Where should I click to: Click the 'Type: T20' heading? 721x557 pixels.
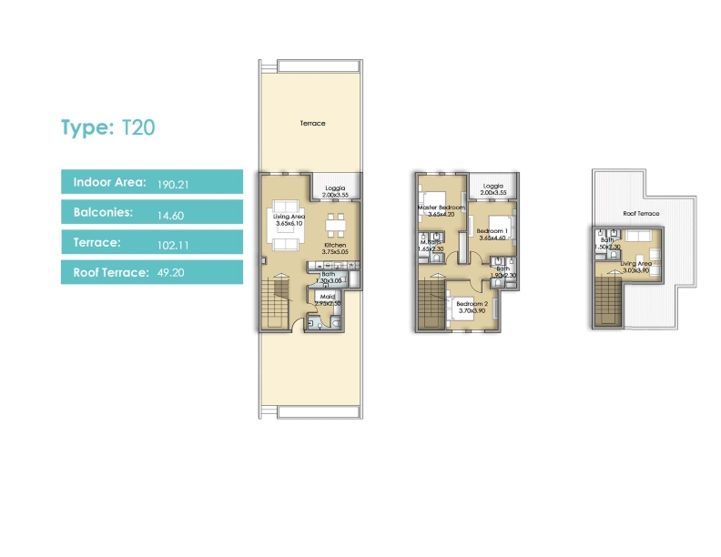(107, 127)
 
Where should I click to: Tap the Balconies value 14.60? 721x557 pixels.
(169, 213)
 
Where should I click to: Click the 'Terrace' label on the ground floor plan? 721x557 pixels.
(312, 123)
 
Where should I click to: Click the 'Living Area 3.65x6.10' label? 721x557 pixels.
(290, 219)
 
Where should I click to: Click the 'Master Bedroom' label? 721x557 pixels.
(441, 208)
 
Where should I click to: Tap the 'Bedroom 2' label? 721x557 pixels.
(472, 306)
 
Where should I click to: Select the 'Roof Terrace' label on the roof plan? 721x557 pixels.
(641, 213)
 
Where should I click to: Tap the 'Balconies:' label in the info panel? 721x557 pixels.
(104, 213)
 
